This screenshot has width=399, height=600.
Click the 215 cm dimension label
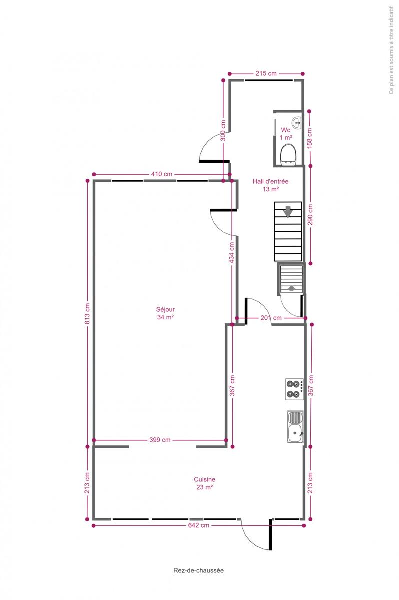pos(266,73)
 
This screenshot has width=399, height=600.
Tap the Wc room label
pos(285,130)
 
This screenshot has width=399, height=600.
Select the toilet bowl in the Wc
pos(288,155)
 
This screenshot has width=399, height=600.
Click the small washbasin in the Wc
pos(296,123)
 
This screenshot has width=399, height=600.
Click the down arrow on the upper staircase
pos(288,212)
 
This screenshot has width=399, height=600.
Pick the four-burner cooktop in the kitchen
pos(294,389)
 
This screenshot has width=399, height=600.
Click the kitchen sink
pos(295,427)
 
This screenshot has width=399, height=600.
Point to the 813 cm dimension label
pos(87,313)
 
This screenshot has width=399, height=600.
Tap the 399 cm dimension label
pos(160,440)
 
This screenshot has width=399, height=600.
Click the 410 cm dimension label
pos(162,174)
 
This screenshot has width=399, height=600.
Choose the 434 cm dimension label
pos(232,252)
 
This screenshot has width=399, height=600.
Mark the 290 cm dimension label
pos(310,215)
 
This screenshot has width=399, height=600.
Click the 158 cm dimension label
pos(309,138)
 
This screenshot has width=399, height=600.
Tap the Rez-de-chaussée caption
pos(198,570)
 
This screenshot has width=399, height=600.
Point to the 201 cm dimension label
pos(271,318)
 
